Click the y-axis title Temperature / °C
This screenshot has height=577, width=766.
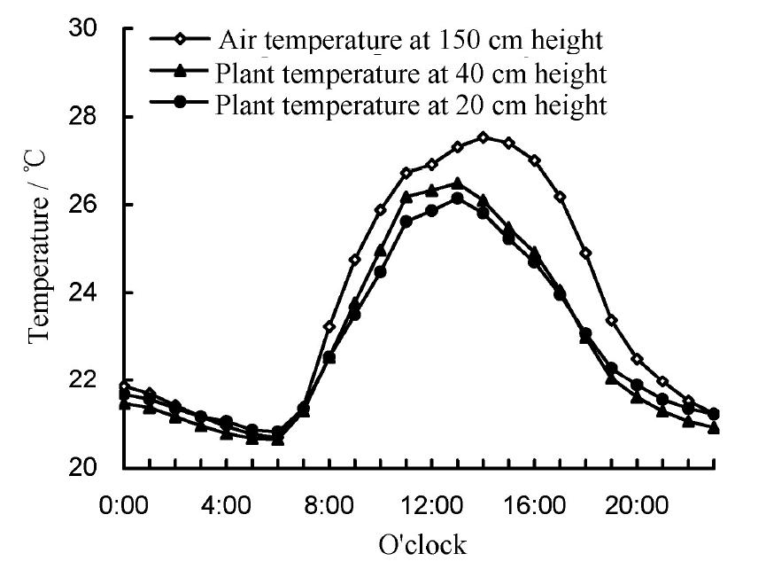[38, 247]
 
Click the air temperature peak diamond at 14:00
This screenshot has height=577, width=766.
[483, 137]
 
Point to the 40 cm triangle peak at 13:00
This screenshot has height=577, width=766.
[457, 183]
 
